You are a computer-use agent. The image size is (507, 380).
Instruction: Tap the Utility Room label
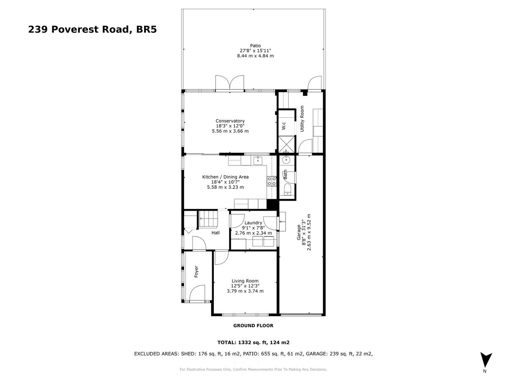pyautogui.click(x=302, y=118)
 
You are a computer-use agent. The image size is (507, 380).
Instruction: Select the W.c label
pyautogui.click(x=284, y=125)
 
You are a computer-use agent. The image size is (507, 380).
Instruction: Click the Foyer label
pyautogui.click(x=196, y=271)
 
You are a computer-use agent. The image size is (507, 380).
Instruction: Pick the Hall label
pyautogui.click(x=215, y=233)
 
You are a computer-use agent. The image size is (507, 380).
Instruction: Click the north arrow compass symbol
pyautogui.click(x=486, y=360)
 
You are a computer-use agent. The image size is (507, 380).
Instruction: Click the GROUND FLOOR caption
pyautogui.click(x=253, y=326)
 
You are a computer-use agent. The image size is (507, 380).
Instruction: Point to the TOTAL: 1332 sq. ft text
pyautogui.click(x=253, y=343)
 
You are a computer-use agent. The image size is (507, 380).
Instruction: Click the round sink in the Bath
pyautogui.click(x=286, y=160)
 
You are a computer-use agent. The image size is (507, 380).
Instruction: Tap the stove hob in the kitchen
pyautogui.click(x=271, y=181)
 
